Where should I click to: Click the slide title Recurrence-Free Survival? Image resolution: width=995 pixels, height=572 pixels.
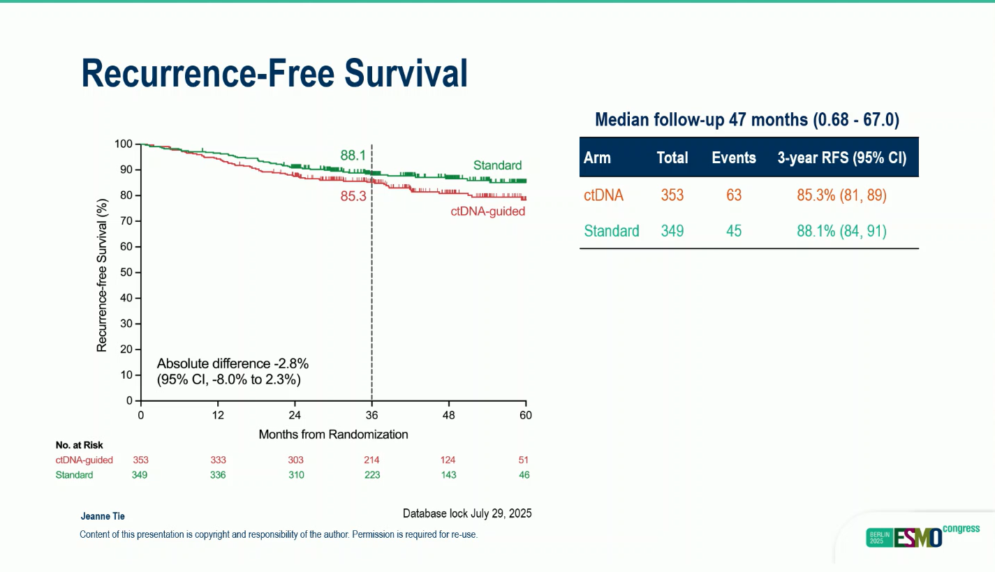(x=274, y=73)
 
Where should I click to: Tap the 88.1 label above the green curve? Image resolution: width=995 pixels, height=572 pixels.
(x=353, y=156)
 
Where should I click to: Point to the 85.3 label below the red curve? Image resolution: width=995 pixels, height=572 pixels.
(x=353, y=197)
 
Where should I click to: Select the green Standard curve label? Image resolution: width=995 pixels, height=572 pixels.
(x=497, y=165)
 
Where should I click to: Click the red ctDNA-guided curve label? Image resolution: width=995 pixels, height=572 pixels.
(x=487, y=211)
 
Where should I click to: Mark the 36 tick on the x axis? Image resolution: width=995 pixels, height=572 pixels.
(x=371, y=415)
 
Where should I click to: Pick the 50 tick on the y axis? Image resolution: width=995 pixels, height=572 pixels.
(x=126, y=272)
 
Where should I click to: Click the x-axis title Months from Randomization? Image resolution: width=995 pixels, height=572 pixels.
(x=333, y=434)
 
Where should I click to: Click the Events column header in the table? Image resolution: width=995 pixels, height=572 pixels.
(x=733, y=158)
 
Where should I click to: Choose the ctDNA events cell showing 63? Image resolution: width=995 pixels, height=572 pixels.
(x=733, y=195)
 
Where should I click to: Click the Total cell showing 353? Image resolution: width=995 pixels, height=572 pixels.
(x=672, y=195)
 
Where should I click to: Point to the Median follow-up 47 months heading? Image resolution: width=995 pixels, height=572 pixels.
(x=746, y=120)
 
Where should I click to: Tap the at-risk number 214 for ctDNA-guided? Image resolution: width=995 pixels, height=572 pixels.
(x=371, y=460)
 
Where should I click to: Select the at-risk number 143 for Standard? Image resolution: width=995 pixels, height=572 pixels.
(x=448, y=475)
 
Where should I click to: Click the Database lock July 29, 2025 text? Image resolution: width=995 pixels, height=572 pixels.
(x=467, y=513)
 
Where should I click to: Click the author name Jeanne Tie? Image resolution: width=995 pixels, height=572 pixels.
(x=103, y=516)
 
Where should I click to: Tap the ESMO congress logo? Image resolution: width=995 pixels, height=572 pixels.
(x=922, y=536)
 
